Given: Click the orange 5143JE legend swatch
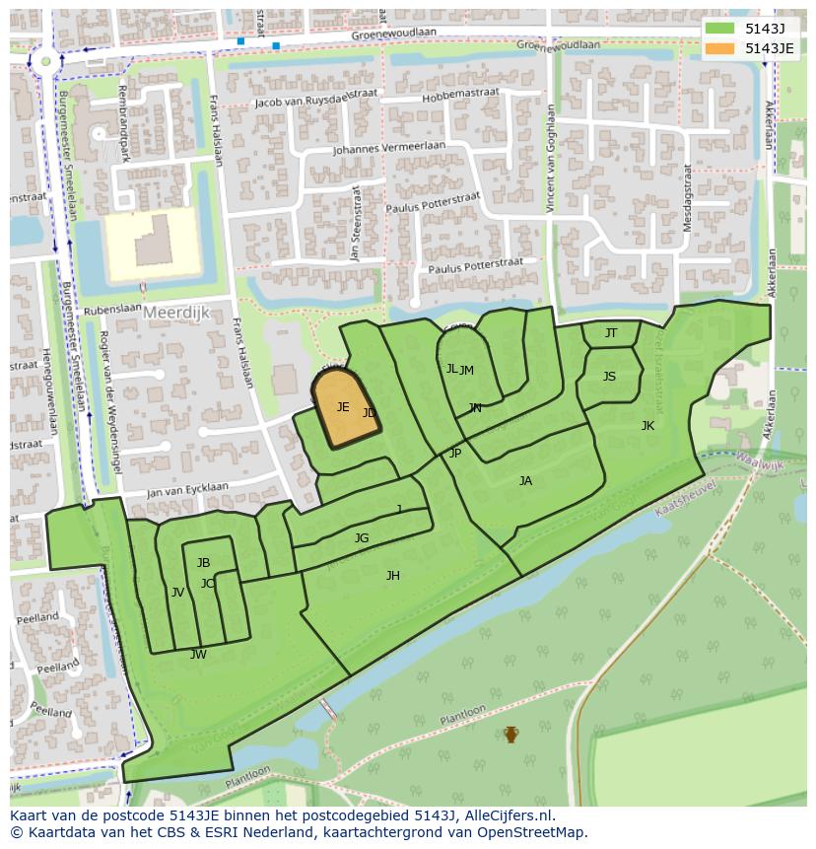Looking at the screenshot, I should [720, 48].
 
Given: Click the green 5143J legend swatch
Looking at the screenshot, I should [720, 29].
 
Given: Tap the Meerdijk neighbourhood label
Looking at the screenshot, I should [176, 312].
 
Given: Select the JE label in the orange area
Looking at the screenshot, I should [343, 406].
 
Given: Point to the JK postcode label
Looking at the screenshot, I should [647, 426].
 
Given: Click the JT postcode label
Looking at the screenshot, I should [611, 333].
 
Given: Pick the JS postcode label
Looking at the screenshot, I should [609, 377].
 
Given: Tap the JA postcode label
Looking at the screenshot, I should [525, 481].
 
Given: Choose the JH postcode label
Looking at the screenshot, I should [393, 576].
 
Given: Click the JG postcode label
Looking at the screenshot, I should [362, 538].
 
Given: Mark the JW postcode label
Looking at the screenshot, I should [198, 655].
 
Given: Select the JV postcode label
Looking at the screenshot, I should [177, 593].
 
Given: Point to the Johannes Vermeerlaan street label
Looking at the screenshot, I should [388, 149].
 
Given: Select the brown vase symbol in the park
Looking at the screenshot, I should [510, 734].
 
